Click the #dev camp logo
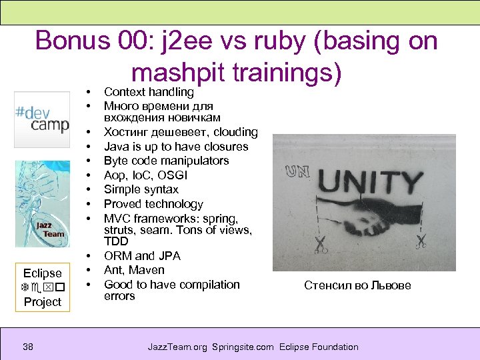click(42, 119)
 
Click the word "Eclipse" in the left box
click(42, 273)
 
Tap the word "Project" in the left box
click(42, 301)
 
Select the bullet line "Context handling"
click(149, 92)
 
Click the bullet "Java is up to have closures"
click(176, 147)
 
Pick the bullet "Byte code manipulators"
click(166, 161)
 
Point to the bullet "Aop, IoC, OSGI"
click(145, 175)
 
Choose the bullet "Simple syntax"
click(141, 190)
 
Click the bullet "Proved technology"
click(153, 204)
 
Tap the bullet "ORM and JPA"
click(142, 256)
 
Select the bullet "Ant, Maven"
click(134, 270)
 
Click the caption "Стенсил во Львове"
click(357, 285)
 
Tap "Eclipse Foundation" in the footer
click(319, 347)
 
